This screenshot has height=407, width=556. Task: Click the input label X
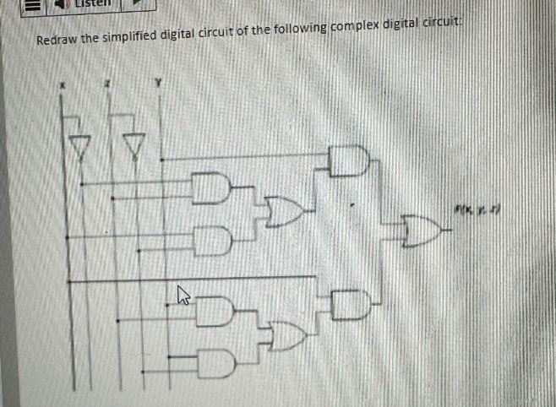pyautogui.click(x=61, y=85)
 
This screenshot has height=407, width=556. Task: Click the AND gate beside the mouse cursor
pyautogui.click(x=216, y=309)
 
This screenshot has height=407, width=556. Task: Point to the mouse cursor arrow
pyautogui.click(x=181, y=294)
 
